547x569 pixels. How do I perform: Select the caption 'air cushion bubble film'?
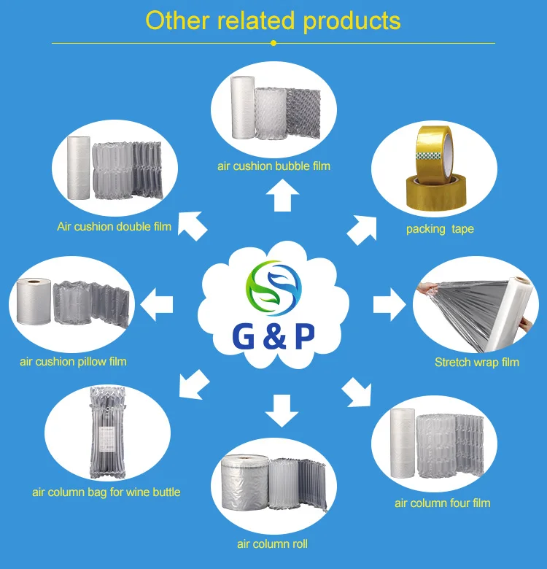click(273, 166)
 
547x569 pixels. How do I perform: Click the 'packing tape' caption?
click(440, 229)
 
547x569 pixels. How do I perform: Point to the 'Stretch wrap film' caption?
click(477, 362)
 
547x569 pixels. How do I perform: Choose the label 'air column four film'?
click(442, 503)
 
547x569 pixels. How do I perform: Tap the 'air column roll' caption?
click(273, 543)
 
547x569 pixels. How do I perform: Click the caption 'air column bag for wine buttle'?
click(106, 492)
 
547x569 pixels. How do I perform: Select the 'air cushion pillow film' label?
click(73, 361)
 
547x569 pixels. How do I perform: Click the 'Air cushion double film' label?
click(115, 226)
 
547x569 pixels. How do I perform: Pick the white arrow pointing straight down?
click(282, 409)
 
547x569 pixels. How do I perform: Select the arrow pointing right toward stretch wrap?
click(388, 304)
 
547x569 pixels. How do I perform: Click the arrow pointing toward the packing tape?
click(362, 228)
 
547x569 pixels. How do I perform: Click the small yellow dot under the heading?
click(273, 43)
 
